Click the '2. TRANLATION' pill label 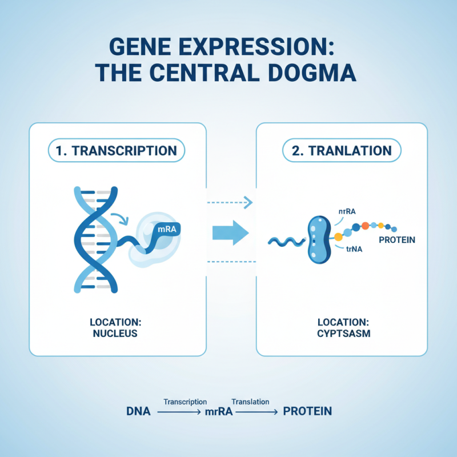[x=342, y=151]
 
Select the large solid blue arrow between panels [x=230, y=232]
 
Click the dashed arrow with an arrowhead [x=229, y=202]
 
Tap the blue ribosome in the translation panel [x=317, y=239]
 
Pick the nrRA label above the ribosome [x=347, y=211]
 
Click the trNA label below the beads [x=355, y=248]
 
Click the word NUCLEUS [x=115, y=334]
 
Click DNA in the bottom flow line [x=138, y=411]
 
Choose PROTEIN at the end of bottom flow [x=307, y=411]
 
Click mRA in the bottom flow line [x=219, y=412]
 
